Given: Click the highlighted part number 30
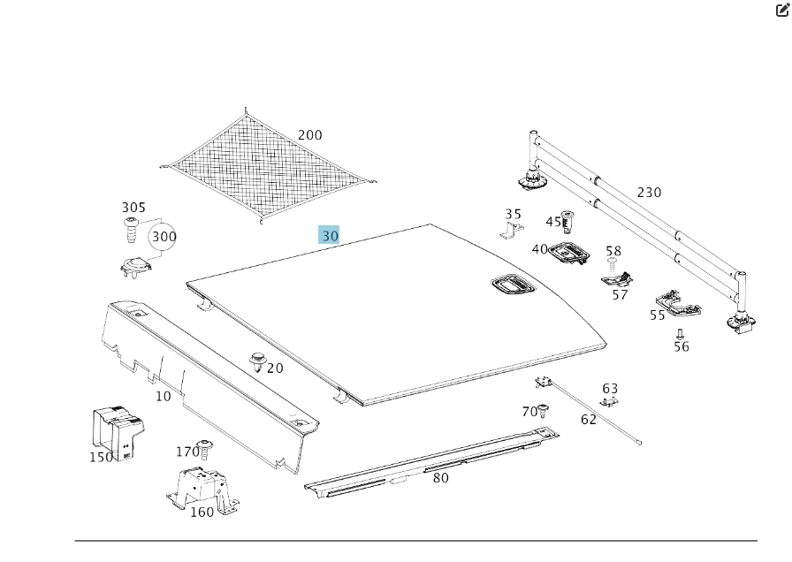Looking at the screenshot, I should click(329, 235).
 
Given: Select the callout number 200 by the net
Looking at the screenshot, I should click(309, 135).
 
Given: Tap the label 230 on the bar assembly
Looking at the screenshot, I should click(649, 193).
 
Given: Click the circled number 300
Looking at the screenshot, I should click(164, 237).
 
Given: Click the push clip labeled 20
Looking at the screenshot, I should click(258, 361).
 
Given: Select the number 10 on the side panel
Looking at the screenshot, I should click(164, 396).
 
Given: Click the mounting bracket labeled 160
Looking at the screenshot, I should click(202, 490).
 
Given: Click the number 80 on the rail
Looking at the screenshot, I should click(440, 478).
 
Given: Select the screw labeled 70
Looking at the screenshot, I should click(544, 411).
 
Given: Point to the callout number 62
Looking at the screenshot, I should click(589, 420).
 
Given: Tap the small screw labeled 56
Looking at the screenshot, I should click(680, 334).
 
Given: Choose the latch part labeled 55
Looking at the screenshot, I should click(679, 303).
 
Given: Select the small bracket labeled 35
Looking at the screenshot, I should click(512, 232).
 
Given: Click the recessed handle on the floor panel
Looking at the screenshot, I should click(512, 285).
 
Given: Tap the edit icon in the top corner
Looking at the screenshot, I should click(782, 11).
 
